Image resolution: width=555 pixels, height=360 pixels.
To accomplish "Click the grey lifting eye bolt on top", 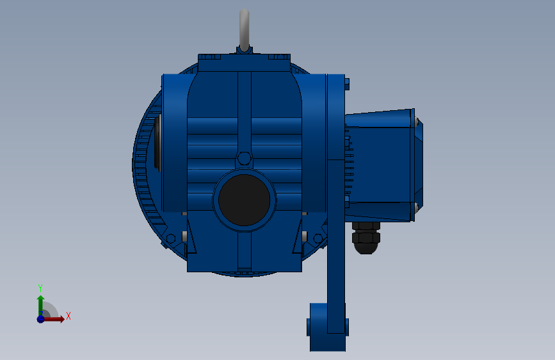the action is [x=245, y=30].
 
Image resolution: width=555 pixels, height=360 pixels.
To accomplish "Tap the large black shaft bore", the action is [x=245, y=200].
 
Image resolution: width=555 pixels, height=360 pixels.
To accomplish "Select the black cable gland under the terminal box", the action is [x=366, y=238].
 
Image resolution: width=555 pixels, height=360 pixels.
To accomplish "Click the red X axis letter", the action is [x=68, y=316].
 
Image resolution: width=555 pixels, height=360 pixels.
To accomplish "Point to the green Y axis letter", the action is [x=40, y=288].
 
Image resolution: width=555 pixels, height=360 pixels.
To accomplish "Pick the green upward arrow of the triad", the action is [x=41, y=306].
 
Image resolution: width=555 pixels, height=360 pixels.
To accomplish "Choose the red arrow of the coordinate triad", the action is [x=54, y=319].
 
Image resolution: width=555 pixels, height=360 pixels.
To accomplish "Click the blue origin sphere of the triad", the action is [x=41, y=319].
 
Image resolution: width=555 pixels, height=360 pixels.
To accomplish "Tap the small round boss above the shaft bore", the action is [x=245, y=158].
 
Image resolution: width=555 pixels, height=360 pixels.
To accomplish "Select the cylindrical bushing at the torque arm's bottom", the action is [x=327, y=327].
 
